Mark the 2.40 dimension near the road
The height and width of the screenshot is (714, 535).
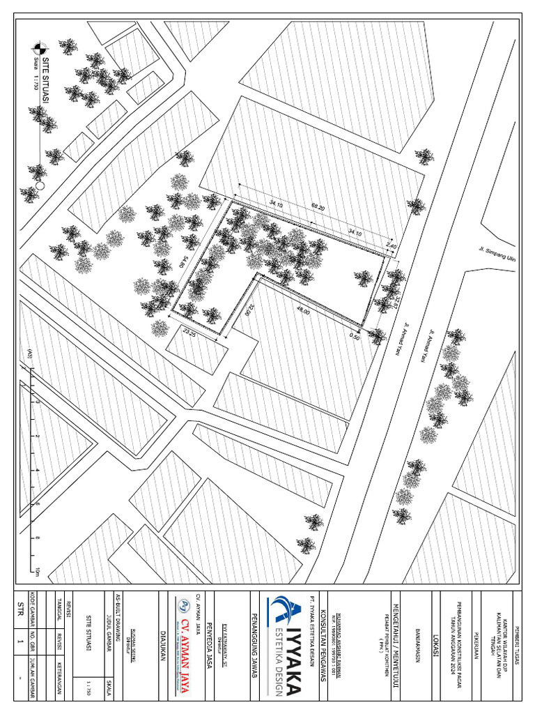pos(391,246)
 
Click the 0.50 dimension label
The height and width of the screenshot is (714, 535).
pos(355,336)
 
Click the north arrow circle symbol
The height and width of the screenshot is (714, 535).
pos(39,49)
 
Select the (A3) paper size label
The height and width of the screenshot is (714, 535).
pos(29,351)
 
